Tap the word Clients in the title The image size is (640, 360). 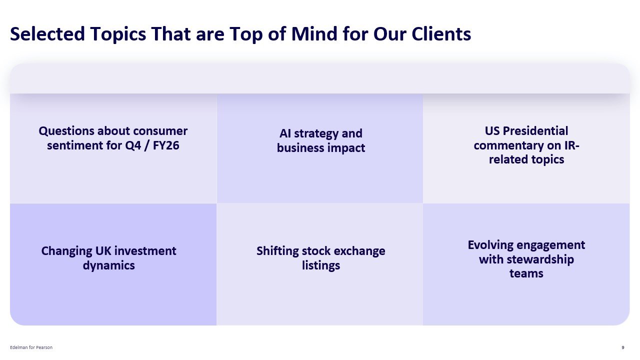(x=441, y=34)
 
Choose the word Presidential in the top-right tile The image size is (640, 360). (x=535, y=131)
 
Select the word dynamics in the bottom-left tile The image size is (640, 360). (x=109, y=265)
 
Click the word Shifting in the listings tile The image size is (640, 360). (x=277, y=250)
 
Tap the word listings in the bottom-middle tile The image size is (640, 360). (x=321, y=265)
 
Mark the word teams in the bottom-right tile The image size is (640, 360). (x=526, y=273)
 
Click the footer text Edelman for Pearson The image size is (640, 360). (x=31, y=347)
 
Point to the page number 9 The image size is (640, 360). (x=622, y=347)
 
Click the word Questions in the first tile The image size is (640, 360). (x=66, y=131)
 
